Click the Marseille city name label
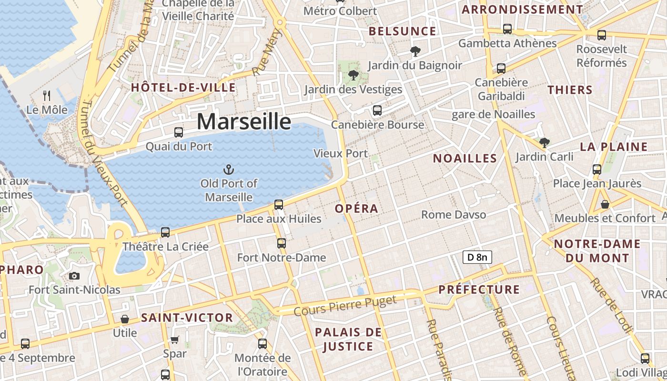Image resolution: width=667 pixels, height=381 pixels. tap(243, 121)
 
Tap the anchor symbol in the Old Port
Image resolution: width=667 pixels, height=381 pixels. tap(229, 170)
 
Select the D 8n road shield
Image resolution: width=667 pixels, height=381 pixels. tap(477, 258)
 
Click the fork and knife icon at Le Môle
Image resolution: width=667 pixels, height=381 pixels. tap(47, 96)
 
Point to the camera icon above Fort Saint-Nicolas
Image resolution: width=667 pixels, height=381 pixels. tap(74, 276)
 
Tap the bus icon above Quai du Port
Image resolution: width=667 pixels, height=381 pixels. tap(179, 132)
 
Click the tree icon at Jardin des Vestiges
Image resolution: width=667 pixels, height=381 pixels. tap(353, 75)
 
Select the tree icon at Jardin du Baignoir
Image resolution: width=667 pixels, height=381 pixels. tap(415, 51)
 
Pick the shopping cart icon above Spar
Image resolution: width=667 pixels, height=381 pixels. tap(175, 340)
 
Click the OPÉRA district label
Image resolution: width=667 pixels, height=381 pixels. tap(356, 209)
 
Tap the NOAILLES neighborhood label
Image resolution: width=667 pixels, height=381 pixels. tap(465, 159)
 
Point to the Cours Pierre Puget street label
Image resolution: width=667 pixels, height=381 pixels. tap(345, 306)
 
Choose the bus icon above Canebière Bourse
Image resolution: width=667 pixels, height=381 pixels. tap(377, 110)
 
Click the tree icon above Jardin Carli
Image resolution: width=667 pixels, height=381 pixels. tap(544, 142)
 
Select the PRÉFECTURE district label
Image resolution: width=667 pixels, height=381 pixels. tap(479, 290)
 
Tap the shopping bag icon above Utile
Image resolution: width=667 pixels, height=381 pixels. tap(125, 319)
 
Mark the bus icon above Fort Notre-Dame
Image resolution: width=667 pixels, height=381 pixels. tap(282, 243)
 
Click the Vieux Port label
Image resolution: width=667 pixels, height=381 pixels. tap(341, 153)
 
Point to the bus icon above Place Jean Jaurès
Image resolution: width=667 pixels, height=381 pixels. tap(597, 169)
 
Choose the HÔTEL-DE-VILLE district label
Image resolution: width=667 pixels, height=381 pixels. tap(183, 88)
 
